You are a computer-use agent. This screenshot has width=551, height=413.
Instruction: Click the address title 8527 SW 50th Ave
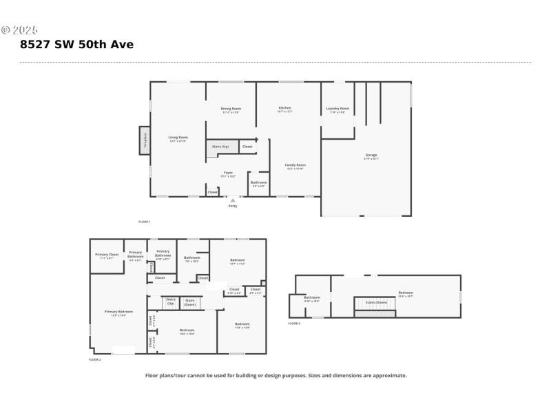(77, 45)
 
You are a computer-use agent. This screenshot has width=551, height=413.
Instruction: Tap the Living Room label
(178, 138)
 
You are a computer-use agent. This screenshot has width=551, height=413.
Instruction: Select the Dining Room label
(231, 109)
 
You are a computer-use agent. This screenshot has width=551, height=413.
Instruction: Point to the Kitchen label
(284, 108)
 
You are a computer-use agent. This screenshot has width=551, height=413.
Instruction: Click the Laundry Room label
(337, 109)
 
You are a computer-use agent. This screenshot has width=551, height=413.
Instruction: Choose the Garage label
(371, 156)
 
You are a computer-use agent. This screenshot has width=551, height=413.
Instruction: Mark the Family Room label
(295, 165)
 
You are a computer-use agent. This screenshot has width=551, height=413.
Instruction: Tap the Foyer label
(228, 173)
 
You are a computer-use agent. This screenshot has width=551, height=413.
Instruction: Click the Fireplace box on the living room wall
(145, 140)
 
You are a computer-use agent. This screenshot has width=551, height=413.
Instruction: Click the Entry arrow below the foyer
(232, 201)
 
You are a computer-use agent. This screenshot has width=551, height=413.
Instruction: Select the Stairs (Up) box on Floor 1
(220, 147)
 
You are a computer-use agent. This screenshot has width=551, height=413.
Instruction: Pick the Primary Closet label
(107, 255)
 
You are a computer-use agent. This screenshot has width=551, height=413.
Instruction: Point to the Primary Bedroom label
(118, 312)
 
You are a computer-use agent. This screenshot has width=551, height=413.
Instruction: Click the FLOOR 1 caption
(144, 222)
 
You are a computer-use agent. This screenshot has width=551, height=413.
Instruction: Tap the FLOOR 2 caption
(95, 360)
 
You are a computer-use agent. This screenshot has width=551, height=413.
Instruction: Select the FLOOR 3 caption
(294, 323)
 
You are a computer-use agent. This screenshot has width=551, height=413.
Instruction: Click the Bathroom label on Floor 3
(312, 297)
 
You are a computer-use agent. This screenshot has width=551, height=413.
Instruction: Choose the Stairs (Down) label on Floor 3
(375, 302)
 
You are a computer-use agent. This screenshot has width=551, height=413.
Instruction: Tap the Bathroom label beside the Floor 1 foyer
(258, 182)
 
